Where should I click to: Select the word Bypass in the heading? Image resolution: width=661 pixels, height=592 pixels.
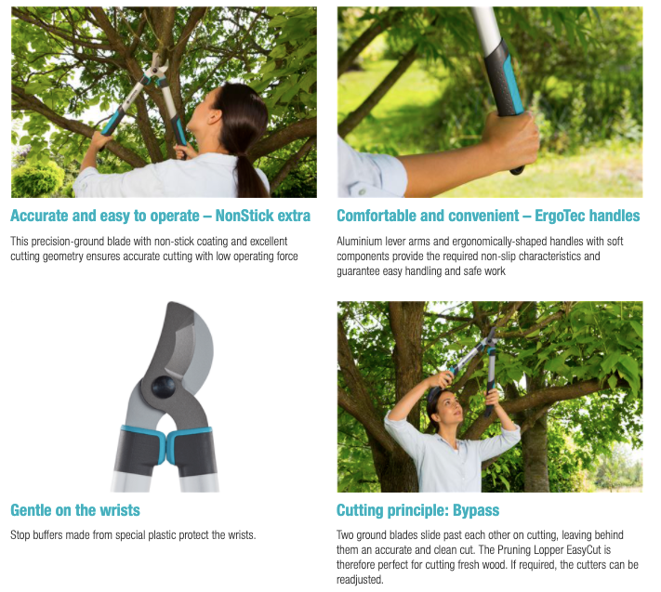(476, 510)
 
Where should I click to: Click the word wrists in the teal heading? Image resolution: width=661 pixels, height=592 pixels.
(120, 510)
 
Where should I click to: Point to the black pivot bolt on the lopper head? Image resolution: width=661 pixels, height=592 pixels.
(164, 387)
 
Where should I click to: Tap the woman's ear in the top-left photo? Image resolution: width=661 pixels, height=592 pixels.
(215, 117)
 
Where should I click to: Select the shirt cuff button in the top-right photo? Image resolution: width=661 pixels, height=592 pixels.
(362, 191)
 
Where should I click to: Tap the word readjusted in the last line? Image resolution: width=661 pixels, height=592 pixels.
(360, 580)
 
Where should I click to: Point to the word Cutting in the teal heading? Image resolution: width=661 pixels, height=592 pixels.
(360, 510)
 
